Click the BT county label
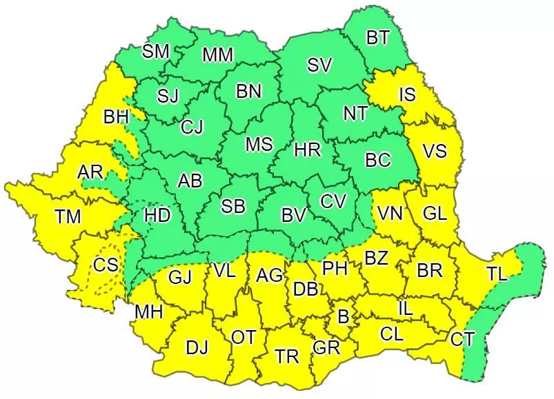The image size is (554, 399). (x=377, y=38)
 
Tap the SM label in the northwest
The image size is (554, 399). (x=155, y=51)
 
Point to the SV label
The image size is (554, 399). (x=319, y=65)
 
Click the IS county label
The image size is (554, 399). (x=407, y=94)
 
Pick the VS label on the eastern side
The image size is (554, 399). (x=435, y=152)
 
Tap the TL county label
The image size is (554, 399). (x=496, y=273)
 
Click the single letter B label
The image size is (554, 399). (x=343, y=317)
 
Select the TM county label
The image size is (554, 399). (x=68, y=217)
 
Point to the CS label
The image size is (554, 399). (x=106, y=264)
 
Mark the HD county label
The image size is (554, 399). (x=157, y=216)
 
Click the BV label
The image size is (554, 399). (x=293, y=216)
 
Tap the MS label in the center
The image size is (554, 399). (x=259, y=145)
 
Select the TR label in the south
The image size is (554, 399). (x=287, y=356)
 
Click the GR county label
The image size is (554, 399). (x=326, y=348)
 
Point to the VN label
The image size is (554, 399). (x=390, y=214)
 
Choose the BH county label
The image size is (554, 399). (x=116, y=118)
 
